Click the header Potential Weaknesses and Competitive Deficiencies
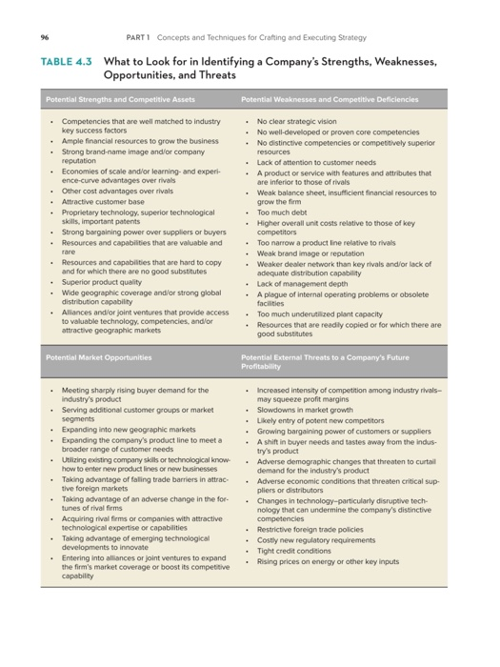click(x=330, y=99)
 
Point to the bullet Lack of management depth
click(x=303, y=283)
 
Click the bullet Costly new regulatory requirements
click(x=316, y=540)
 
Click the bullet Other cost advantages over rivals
click(x=117, y=191)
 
